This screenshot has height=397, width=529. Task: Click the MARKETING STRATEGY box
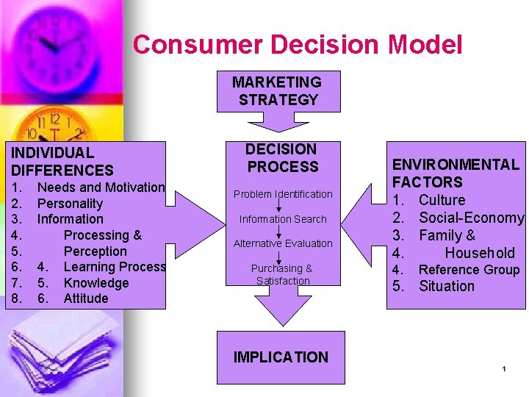pos(278,91)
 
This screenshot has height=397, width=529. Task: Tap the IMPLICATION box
pos(281,357)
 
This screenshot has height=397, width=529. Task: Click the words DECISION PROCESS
pos(283,158)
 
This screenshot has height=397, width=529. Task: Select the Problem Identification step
pos(283,194)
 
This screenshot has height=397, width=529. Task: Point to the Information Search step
pos(283,219)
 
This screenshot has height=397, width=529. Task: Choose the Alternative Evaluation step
pos(283,243)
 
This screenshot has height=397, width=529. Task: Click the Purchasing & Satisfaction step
pos(283,274)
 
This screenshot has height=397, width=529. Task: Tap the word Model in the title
pos(425,45)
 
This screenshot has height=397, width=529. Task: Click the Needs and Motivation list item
pos(101,187)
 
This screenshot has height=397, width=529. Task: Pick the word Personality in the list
pos(70,204)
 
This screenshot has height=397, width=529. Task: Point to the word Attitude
pos(86,298)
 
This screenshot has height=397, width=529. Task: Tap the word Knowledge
pos(96,283)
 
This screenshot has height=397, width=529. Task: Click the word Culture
pos(442,200)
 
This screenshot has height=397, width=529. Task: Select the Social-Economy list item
pos(471,218)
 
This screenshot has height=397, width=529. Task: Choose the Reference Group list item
pos(469,270)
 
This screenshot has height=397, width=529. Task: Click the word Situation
pos(447,286)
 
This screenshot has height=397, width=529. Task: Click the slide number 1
pos(505,368)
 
